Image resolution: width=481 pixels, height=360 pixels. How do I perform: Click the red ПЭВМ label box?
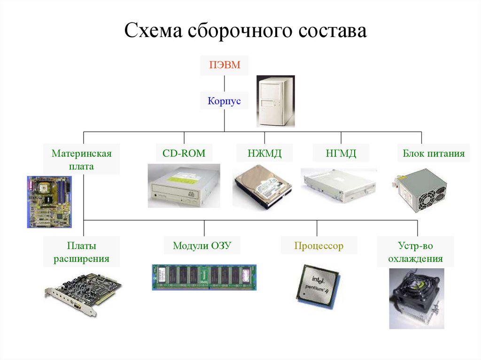[x=225, y=66]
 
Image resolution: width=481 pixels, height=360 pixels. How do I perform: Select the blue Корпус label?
[x=224, y=100]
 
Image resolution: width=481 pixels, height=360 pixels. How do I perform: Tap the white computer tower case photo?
[x=276, y=101]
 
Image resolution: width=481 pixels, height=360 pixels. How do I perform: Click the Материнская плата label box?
[x=82, y=160]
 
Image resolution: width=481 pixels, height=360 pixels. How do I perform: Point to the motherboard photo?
[x=49, y=201]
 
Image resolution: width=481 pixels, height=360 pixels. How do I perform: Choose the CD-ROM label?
[x=184, y=153]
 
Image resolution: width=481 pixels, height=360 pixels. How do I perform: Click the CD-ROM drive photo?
[x=184, y=185]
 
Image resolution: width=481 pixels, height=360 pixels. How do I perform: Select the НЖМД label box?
[x=264, y=153]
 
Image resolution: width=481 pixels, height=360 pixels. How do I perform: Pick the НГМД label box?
[x=341, y=153]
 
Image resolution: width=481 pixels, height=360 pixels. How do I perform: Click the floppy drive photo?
[x=339, y=185]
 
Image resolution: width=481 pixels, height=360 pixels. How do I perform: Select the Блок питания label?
[x=434, y=153]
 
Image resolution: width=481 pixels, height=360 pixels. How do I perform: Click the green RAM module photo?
[x=204, y=277]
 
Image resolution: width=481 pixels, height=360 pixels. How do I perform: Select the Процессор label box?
[x=319, y=245]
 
